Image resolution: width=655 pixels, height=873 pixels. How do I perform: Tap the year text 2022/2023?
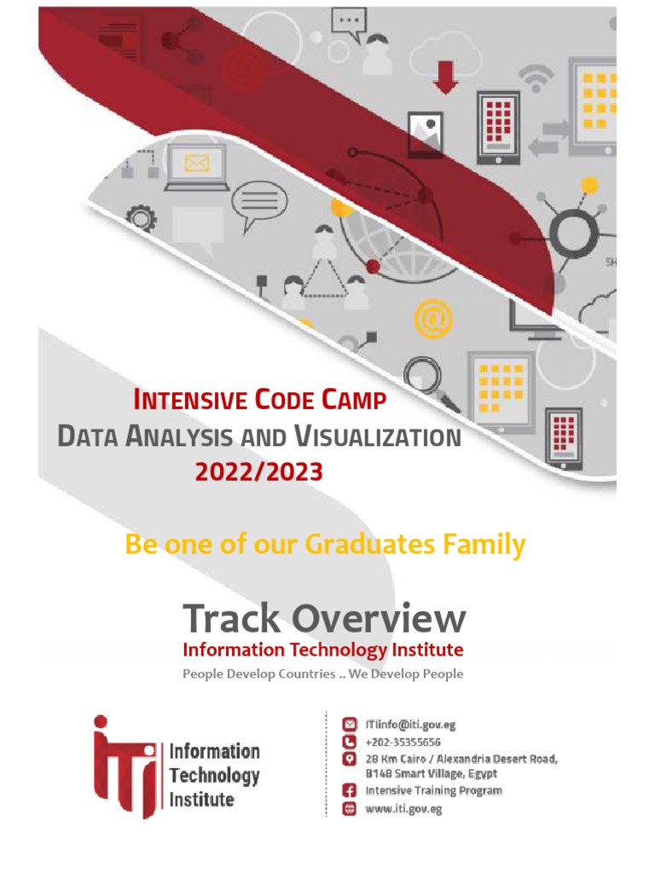click(x=259, y=471)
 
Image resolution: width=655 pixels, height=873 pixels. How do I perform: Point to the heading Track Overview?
click(x=324, y=618)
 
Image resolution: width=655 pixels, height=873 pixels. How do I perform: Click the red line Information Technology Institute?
click(x=323, y=650)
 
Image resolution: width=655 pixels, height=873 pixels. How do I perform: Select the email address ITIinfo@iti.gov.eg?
click(x=410, y=726)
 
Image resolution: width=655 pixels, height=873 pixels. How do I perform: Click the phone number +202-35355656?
click(x=403, y=742)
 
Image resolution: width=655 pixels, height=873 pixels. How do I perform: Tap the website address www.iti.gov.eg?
click(x=403, y=809)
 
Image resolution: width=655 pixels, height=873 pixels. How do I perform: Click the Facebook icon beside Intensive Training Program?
click(x=348, y=791)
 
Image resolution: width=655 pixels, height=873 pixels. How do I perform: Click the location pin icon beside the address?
click(x=348, y=759)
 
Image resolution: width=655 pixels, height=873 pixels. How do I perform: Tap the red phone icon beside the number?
click(x=348, y=742)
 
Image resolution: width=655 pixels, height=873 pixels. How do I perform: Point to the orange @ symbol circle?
click(x=432, y=319)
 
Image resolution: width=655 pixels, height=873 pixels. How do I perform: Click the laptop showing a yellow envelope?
click(x=196, y=166)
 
